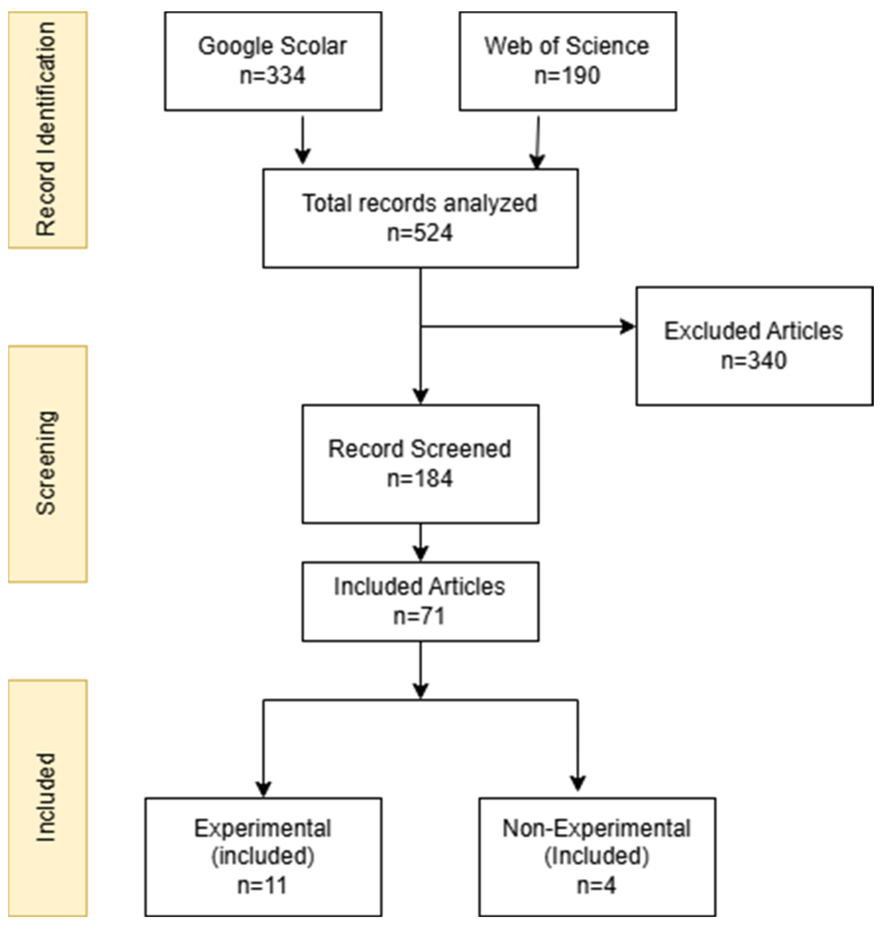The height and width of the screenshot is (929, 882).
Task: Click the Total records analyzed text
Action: [419, 203]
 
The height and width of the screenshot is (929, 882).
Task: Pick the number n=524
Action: [419, 233]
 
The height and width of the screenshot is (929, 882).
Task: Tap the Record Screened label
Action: [419, 449]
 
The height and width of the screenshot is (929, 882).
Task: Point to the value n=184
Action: [419, 479]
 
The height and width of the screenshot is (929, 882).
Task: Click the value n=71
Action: [419, 616]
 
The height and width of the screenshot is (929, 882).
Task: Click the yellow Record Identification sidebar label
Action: [47, 129]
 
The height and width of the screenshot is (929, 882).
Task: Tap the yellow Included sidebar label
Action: [47, 797]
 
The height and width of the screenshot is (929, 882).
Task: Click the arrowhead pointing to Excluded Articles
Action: [628, 326]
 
